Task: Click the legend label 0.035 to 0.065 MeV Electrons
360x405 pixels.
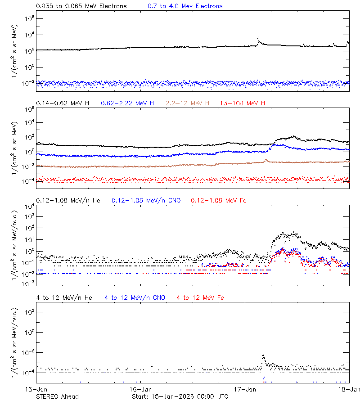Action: (x=81, y=6)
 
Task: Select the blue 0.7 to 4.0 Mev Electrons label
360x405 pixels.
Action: (x=185, y=6)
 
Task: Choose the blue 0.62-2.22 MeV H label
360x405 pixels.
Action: (x=127, y=103)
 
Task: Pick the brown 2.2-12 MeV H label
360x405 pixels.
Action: (x=188, y=103)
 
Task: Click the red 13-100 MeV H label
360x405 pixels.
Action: (x=243, y=103)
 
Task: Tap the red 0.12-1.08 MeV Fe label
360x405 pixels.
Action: (x=219, y=200)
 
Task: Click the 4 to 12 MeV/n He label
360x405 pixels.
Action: (x=64, y=297)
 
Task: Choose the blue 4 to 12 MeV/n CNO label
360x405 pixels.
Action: (x=135, y=297)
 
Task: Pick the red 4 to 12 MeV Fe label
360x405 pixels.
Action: (x=200, y=297)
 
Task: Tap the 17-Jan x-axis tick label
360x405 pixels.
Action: (x=245, y=389)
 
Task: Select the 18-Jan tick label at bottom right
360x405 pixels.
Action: (x=349, y=389)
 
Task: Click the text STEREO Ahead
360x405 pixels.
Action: (x=57, y=396)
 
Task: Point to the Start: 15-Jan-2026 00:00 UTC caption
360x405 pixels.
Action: (x=180, y=396)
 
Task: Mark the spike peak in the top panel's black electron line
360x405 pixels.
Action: (x=257, y=37)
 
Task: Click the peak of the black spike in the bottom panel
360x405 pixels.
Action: (x=263, y=355)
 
